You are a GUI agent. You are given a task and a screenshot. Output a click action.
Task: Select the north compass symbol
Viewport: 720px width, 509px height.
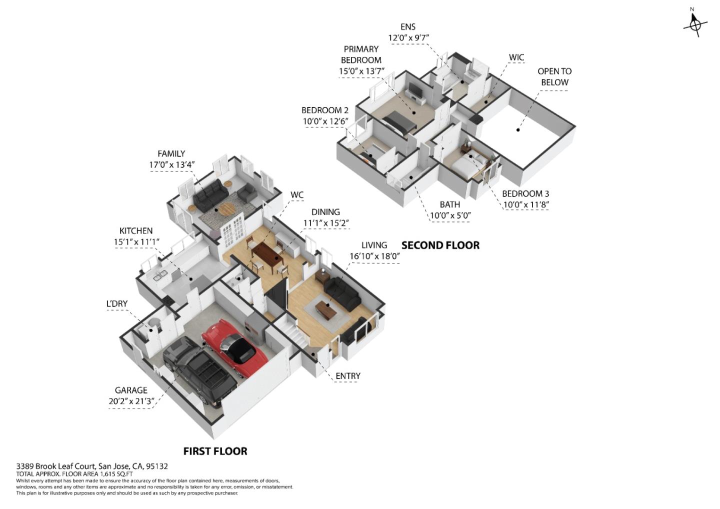pos(695,23)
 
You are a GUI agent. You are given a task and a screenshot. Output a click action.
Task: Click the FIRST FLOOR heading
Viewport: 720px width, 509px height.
pos(215,451)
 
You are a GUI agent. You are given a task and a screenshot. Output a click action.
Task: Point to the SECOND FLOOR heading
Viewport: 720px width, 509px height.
pos(440,245)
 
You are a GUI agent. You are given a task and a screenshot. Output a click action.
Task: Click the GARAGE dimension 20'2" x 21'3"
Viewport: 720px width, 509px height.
pos(131,401)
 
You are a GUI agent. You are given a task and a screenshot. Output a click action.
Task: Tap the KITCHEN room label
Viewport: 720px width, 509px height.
pos(136,231)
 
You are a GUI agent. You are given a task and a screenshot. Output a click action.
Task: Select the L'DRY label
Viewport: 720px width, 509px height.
pos(116,303)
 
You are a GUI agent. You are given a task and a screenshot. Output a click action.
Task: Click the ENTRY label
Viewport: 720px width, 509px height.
pos(347,376)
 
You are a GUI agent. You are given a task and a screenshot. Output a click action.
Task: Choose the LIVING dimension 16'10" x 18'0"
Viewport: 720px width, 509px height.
pos(374,256)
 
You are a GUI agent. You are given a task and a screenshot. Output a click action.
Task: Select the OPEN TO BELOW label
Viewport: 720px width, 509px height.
pos(554,76)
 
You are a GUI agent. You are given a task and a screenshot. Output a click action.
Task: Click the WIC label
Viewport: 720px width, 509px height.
pos(516,57)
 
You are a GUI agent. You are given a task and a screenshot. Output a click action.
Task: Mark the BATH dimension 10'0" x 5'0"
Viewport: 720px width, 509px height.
pos(450,216)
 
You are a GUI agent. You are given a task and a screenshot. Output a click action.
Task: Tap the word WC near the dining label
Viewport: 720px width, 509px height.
pos(297,195)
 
